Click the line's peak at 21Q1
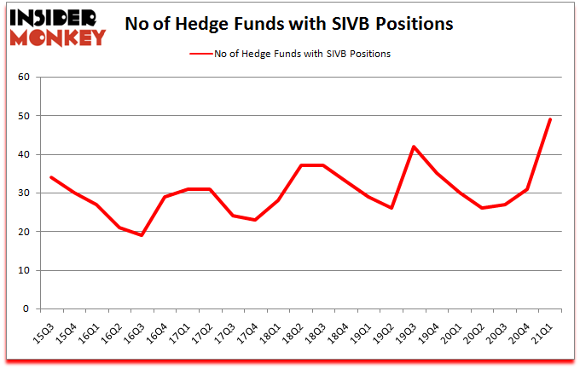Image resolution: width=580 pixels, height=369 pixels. click(550, 119)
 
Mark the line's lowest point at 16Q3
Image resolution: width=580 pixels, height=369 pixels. click(142, 235)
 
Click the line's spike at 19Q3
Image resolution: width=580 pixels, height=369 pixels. click(414, 147)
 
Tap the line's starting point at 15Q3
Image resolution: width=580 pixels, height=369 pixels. click(52, 177)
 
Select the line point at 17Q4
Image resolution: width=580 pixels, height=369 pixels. click(255, 220)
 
